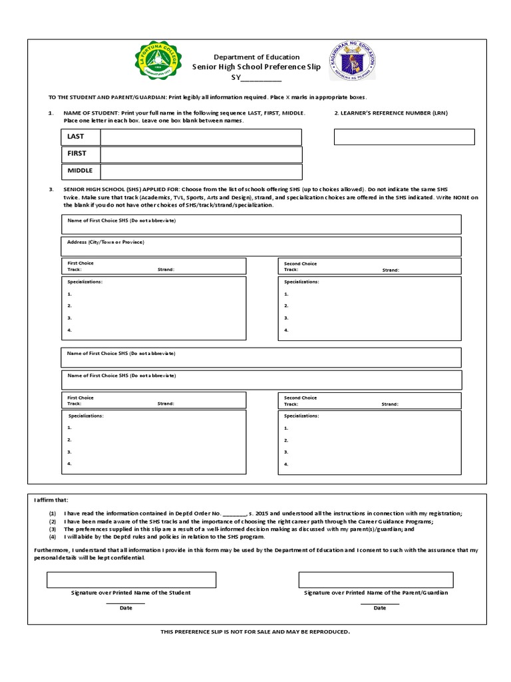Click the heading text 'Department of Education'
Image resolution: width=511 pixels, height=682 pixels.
pos(256,57)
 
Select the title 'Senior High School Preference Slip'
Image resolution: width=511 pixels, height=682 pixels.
pos(256,67)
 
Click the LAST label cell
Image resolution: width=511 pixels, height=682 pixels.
pos(81,137)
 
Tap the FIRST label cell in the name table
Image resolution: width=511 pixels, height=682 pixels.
pos(81,154)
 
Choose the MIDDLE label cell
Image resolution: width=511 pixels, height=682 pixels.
pos(81,171)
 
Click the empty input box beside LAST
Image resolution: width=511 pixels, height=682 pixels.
pos(201,137)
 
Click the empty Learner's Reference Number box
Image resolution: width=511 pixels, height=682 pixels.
pos(404,137)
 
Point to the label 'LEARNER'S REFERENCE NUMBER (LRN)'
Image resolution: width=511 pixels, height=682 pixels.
pos(391,113)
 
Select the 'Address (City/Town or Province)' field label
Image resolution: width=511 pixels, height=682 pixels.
pos(106,242)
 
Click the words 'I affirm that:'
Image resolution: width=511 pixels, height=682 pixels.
pos(51,500)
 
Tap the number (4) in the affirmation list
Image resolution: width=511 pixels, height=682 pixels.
pos(53,536)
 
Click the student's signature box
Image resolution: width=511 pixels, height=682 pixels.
pos(131,579)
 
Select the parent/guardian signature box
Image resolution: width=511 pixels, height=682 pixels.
pos(376,579)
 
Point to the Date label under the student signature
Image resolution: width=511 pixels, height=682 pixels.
pos(126,608)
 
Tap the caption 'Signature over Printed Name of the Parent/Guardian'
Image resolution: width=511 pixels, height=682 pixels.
pos(376,593)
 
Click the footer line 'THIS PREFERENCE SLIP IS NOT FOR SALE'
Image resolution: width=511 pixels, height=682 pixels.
pos(255,631)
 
